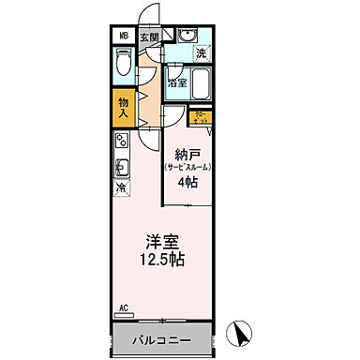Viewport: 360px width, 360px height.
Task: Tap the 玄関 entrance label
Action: (150, 37)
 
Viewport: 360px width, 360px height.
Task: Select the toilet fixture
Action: (124, 65)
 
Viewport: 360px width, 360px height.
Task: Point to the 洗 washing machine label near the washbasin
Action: (202, 54)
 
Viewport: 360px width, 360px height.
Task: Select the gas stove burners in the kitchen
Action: (122, 142)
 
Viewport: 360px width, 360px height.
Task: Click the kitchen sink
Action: (122, 170)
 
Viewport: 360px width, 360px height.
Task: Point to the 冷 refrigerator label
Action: (122, 191)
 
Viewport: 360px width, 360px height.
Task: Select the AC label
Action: (123, 306)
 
